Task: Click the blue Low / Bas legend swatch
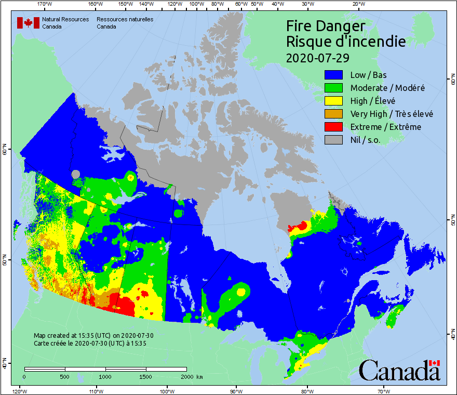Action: pyautogui.click(x=334, y=75)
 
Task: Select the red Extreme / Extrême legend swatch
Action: pyautogui.click(x=334, y=127)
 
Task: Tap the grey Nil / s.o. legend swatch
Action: pyautogui.click(x=334, y=140)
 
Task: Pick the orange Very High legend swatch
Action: pyautogui.click(x=334, y=114)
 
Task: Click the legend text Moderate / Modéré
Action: pyautogui.click(x=387, y=88)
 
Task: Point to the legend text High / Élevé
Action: pyautogui.click(x=373, y=101)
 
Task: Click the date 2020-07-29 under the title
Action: pyautogui.click(x=317, y=57)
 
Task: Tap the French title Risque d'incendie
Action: pyautogui.click(x=346, y=42)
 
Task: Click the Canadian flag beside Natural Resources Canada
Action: pyautogui.click(x=28, y=23)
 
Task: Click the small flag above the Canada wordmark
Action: pyautogui.click(x=435, y=363)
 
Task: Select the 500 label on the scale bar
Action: pyautogui.click(x=65, y=376)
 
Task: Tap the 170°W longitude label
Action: pyautogui.click(x=46, y=4)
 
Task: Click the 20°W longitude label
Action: pyautogui.click(x=357, y=4)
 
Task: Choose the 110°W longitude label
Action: pyautogui.click(x=96, y=391)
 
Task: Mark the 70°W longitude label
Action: pyautogui.click(x=384, y=391)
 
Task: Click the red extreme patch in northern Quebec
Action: pyautogui.click(x=300, y=226)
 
